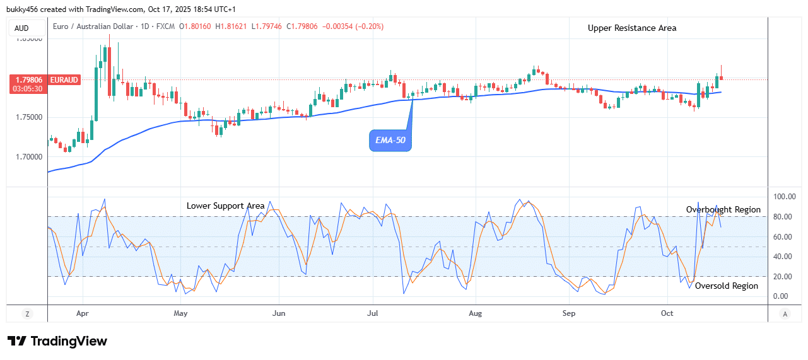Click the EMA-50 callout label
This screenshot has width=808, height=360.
coord(390,140)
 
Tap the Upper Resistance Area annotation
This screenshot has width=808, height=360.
coord(632,28)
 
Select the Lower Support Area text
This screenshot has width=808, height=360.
coord(225,206)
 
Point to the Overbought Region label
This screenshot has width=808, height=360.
coord(723,209)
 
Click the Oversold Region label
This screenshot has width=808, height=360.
coord(727,286)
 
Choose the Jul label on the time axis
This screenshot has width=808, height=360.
coord(373,313)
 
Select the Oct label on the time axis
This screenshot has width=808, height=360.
coord(667,313)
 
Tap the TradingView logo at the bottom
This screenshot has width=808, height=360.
coord(57,341)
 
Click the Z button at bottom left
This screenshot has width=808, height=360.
coord(27,313)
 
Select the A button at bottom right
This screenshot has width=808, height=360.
coord(785,313)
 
